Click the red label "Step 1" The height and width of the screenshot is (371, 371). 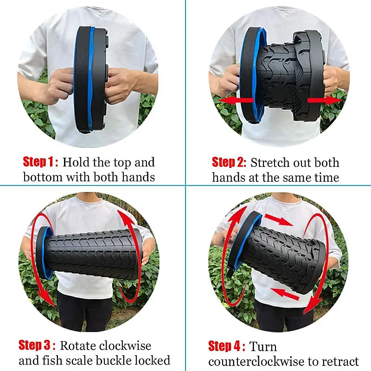(x=41, y=162)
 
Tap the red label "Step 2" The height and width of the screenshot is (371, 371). (x=229, y=162)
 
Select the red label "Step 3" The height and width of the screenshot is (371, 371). (x=37, y=345)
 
